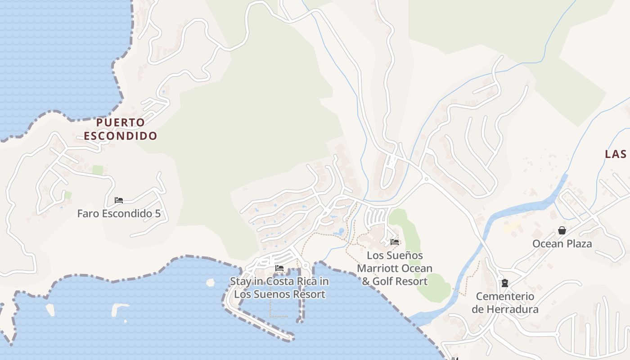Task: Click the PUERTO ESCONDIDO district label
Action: (x=121, y=129)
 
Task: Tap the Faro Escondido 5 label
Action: (x=119, y=213)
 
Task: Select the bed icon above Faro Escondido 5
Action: (x=119, y=200)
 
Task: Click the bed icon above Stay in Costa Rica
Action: (x=279, y=269)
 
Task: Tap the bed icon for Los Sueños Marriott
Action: (x=395, y=242)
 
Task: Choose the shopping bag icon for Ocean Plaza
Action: (x=562, y=230)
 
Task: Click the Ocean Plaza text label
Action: (x=562, y=244)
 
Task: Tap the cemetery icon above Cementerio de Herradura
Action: (x=505, y=283)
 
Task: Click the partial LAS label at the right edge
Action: (x=616, y=154)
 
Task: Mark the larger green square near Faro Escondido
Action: (x=98, y=170)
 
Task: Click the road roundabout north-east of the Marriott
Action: (x=426, y=179)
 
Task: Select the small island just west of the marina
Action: (x=210, y=283)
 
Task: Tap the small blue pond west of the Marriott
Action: (x=341, y=232)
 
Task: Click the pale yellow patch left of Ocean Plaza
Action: (x=511, y=226)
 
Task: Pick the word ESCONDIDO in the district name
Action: (x=121, y=135)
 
